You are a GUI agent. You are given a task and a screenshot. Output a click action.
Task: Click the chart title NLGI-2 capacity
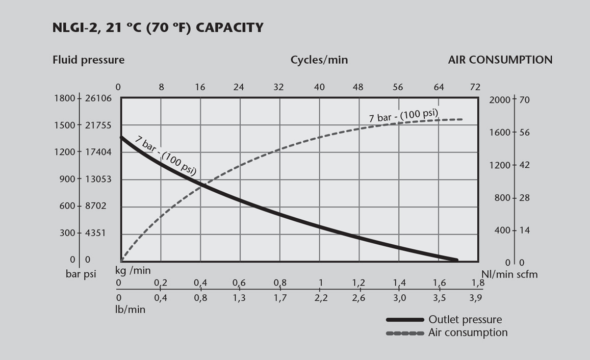[x=158, y=28]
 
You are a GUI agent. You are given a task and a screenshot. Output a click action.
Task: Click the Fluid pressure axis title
[x=88, y=60]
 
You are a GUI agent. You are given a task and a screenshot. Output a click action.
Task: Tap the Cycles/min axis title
[x=319, y=60]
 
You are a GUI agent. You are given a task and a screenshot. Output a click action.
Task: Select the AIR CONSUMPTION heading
[x=500, y=60]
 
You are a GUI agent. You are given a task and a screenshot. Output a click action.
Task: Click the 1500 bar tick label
[x=64, y=125]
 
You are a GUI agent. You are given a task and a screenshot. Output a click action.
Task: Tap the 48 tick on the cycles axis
[x=358, y=87]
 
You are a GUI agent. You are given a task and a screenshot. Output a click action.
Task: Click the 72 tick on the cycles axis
[x=475, y=87]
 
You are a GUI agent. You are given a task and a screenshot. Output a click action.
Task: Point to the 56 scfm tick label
[x=524, y=133]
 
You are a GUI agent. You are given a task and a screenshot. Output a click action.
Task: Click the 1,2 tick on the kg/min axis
[x=358, y=283]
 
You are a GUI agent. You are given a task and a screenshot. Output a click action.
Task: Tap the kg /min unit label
[x=133, y=270]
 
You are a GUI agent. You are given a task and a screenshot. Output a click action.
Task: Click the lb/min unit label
[x=130, y=309]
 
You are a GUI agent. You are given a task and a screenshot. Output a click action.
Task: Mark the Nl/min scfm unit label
[x=509, y=274]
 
